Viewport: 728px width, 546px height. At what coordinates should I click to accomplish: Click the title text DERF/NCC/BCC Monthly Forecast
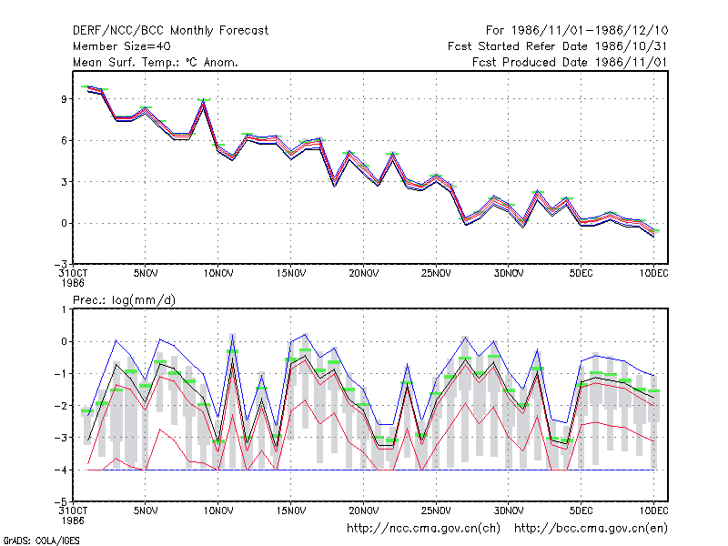170,31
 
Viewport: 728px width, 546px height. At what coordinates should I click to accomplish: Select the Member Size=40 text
122,46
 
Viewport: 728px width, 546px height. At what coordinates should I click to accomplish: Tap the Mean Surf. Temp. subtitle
155,62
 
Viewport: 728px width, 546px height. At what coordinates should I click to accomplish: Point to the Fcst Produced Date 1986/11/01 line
570,62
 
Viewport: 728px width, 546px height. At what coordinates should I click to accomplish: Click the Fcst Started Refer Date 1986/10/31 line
558,46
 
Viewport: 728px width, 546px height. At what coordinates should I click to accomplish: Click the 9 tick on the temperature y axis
64,99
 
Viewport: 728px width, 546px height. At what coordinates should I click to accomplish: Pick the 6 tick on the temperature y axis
64,140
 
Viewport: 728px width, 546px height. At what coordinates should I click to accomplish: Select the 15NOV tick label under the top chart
291,274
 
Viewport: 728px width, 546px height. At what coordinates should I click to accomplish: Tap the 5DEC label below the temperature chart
581,274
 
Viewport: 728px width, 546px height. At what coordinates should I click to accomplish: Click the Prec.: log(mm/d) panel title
124,300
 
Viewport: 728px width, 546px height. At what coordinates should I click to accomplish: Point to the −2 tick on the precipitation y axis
61,406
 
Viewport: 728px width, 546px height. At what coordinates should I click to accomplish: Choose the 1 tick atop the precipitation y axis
65,309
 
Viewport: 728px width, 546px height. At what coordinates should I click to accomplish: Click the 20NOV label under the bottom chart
363,511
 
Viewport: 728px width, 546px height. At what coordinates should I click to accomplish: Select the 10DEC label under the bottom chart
653,511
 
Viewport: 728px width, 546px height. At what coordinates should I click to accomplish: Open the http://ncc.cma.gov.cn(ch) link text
423,529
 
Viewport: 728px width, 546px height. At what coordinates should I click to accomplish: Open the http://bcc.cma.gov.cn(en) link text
591,529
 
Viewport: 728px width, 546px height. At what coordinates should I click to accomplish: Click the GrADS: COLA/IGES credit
41,541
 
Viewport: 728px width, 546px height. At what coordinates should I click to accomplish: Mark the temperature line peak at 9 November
203,101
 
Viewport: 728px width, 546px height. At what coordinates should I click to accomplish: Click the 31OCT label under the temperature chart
74,278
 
